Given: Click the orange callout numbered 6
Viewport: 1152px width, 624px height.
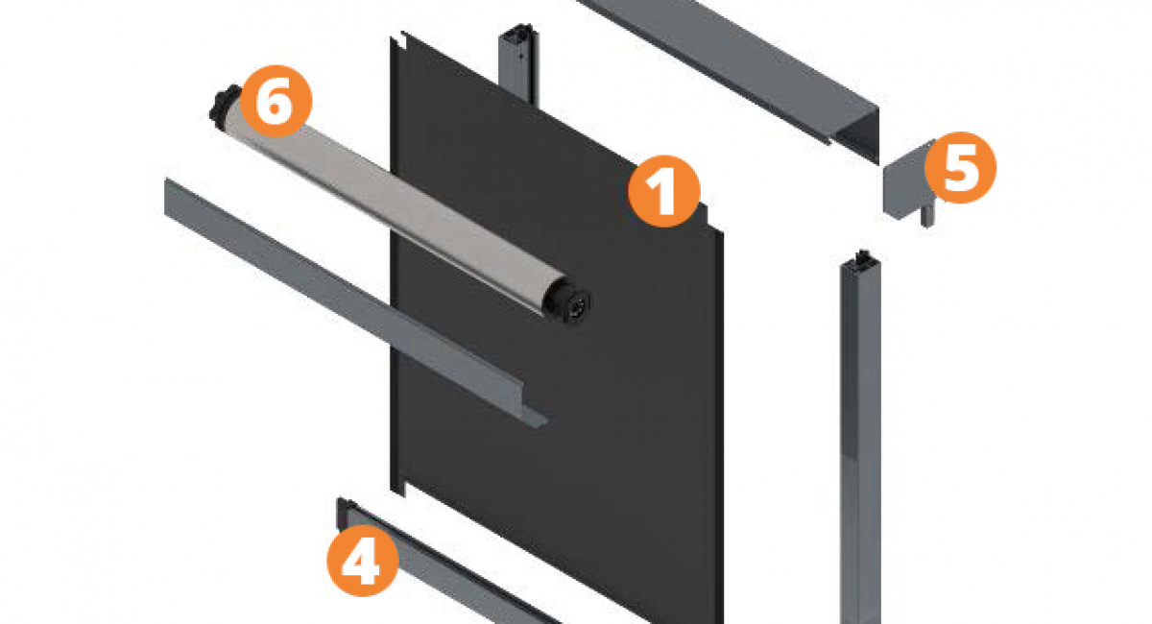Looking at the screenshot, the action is pyautogui.click(x=276, y=101).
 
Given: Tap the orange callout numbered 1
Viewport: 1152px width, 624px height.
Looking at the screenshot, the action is pyautogui.click(x=664, y=191).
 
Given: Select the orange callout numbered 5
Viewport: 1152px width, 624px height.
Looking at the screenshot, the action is pyautogui.click(x=960, y=168).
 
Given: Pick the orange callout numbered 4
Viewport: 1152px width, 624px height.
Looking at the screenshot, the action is pyautogui.click(x=363, y=561).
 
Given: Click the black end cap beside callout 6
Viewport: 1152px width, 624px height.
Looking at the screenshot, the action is pyautogui.click(x=224, y=103).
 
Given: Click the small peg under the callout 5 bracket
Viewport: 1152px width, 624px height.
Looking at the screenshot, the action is pyautogui.click(x=926, y=216).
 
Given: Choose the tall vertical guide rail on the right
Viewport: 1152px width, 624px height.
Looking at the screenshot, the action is pyautogui.click(x=860, y=437).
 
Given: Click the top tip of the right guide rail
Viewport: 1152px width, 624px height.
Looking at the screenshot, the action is pyautogui.click(x=863, y=252).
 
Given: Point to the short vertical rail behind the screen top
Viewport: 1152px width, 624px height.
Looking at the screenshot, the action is pyautogui.click(x=518, y=61).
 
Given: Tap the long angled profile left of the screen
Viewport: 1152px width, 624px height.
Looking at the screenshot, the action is pyautogui.click(x=355, y=303).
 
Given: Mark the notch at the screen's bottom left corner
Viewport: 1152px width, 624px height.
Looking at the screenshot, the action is pyautogui.click(x=398, y=489).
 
